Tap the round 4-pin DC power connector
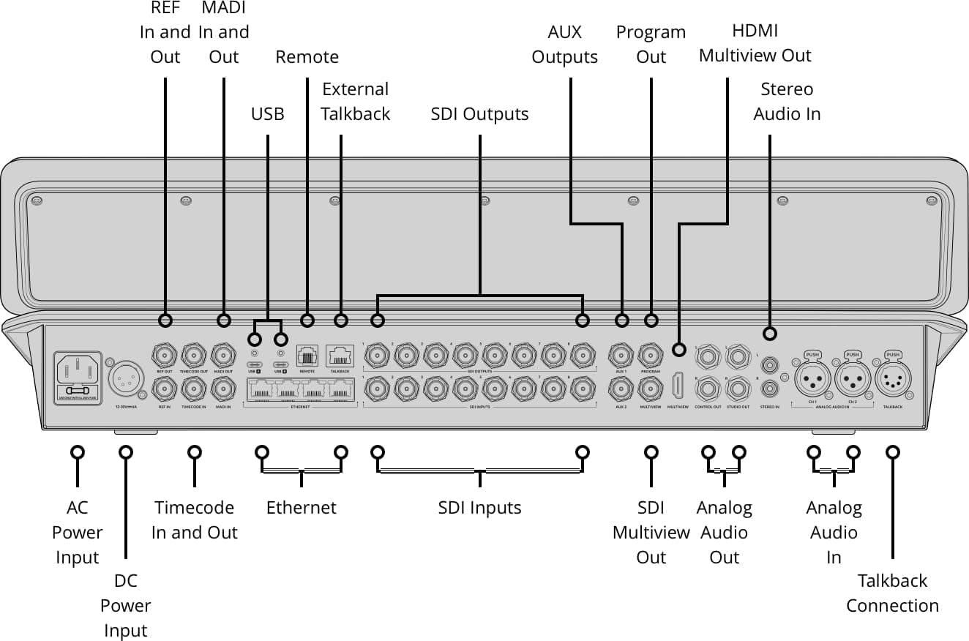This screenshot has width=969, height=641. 122,379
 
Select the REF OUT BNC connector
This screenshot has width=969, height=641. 164,356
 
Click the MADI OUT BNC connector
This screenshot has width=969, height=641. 224,356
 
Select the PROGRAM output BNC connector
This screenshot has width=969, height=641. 651,356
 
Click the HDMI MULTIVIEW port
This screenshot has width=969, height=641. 678,386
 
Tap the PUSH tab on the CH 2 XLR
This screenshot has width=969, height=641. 852,355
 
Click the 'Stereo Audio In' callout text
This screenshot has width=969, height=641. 787,102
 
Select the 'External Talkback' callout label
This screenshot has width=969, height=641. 356,102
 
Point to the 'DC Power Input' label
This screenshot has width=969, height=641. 125,605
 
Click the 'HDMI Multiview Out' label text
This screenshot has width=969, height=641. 755,43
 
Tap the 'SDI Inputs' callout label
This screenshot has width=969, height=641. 479,508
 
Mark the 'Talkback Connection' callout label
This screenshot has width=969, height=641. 892,593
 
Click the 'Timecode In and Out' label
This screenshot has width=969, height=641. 194,520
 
